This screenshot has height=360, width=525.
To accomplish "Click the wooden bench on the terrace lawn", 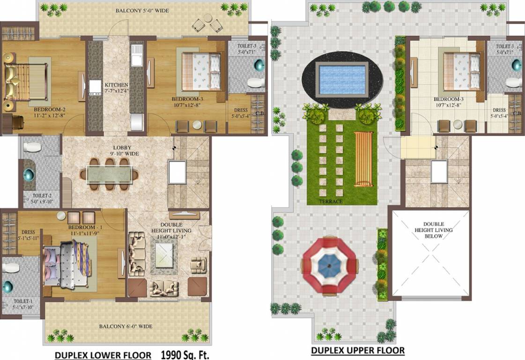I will click(363, 159).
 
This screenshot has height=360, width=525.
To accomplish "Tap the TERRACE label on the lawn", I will click(331, 201).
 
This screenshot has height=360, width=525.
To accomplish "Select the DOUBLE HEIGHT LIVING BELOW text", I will click(433, 230).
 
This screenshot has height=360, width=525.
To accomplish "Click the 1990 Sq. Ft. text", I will click(186, 354).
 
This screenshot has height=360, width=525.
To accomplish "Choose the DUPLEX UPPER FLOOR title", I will click(358, 350).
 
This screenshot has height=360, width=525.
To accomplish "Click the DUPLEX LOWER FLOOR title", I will click(103, 355).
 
